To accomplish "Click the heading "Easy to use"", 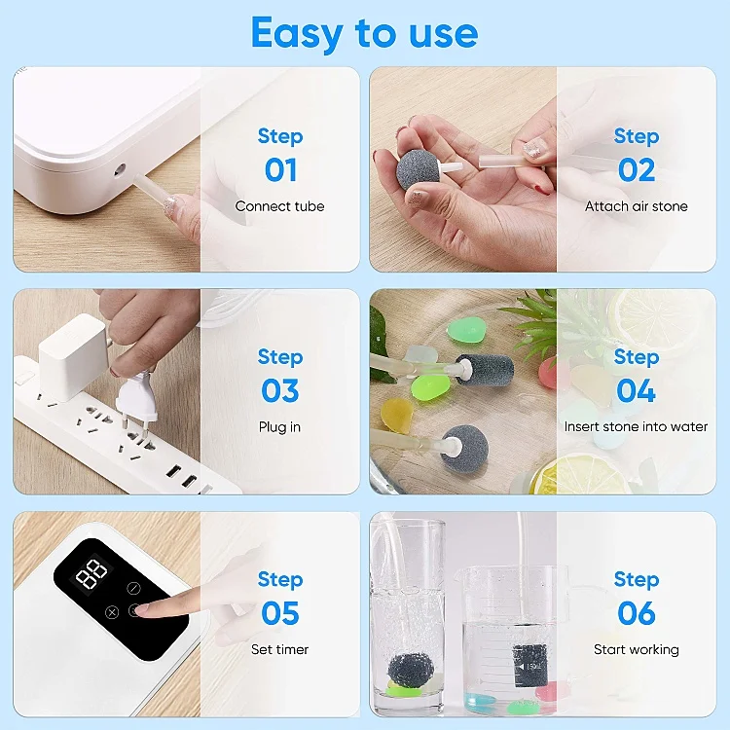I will click(x=364, y=33).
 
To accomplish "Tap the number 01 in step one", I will click(x=280, y=170).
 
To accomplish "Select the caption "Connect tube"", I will click(x=279, y=206).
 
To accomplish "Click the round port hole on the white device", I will click(x=120, y=169).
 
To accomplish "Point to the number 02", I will click(x=637, y=170).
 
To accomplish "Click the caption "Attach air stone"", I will click(x=636, y=206).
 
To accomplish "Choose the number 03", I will click(x=280, y=391).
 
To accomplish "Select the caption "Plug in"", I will click(x=279, y=427).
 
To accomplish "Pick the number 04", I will click(x=637, y=391).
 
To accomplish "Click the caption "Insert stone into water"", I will click(x=636, y=427).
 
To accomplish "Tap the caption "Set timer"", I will click(x=279, y=649).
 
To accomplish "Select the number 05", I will click(x=280, y=613).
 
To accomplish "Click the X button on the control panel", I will click(x=111, y=612).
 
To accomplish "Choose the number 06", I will click(x=637, y=613).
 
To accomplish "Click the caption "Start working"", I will click(x=636, y=649).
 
